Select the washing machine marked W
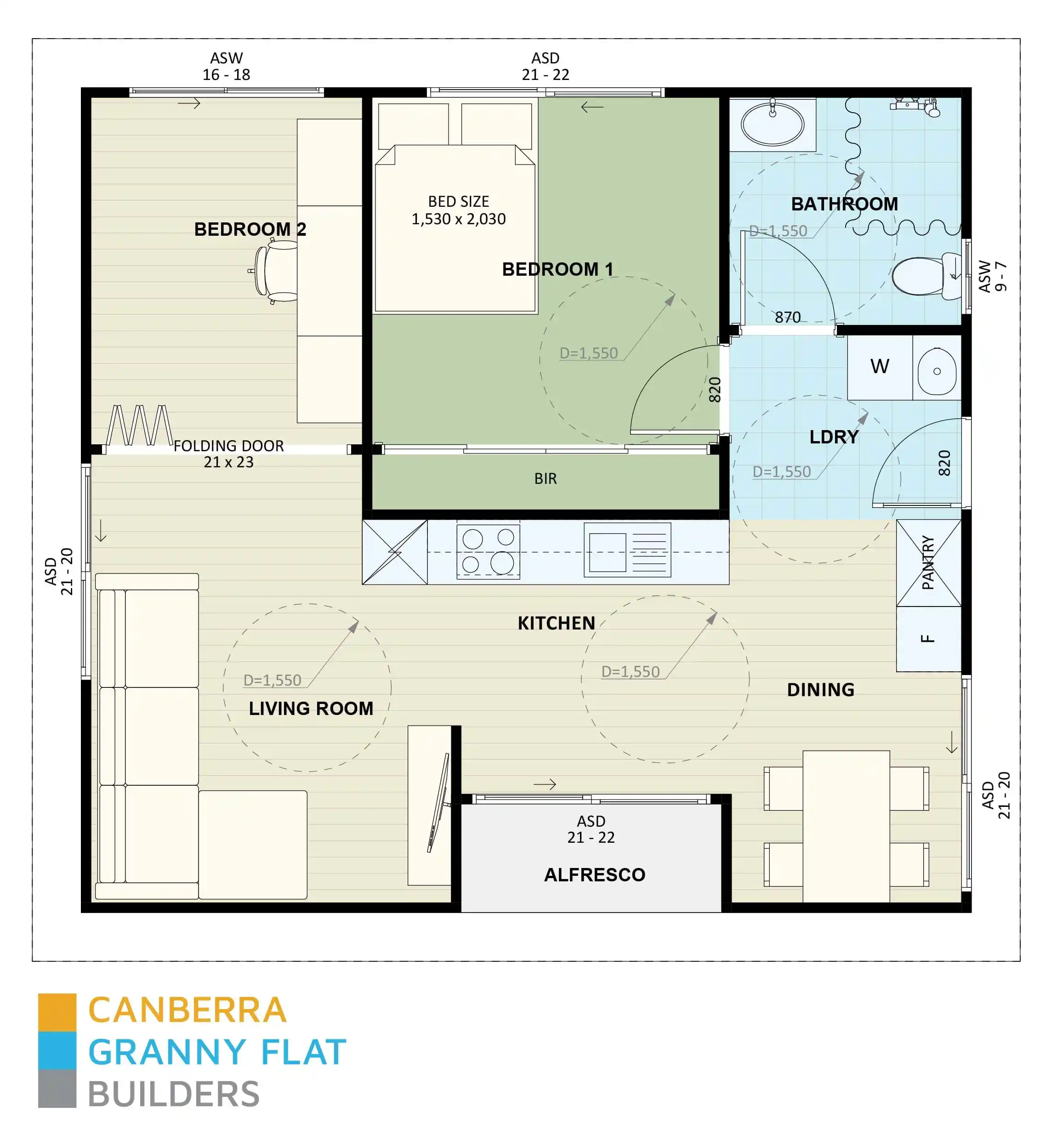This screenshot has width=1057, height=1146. (879, 367)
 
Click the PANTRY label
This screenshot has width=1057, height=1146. (928, 563)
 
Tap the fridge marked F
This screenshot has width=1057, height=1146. (928, 639)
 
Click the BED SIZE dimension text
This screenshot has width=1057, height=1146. (458, 210)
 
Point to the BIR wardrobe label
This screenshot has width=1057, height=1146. (545, 479)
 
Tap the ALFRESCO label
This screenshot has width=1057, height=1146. (594, 874)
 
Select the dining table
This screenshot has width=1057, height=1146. (846, 826)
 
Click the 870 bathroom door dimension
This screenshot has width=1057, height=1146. (787, 318)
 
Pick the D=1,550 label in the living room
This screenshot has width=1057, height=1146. (272, 680)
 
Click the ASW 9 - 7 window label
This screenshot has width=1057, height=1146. (992, 277)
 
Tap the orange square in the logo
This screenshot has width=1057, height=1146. (57, 1012)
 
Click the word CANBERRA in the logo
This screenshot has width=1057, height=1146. (187, 1010)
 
